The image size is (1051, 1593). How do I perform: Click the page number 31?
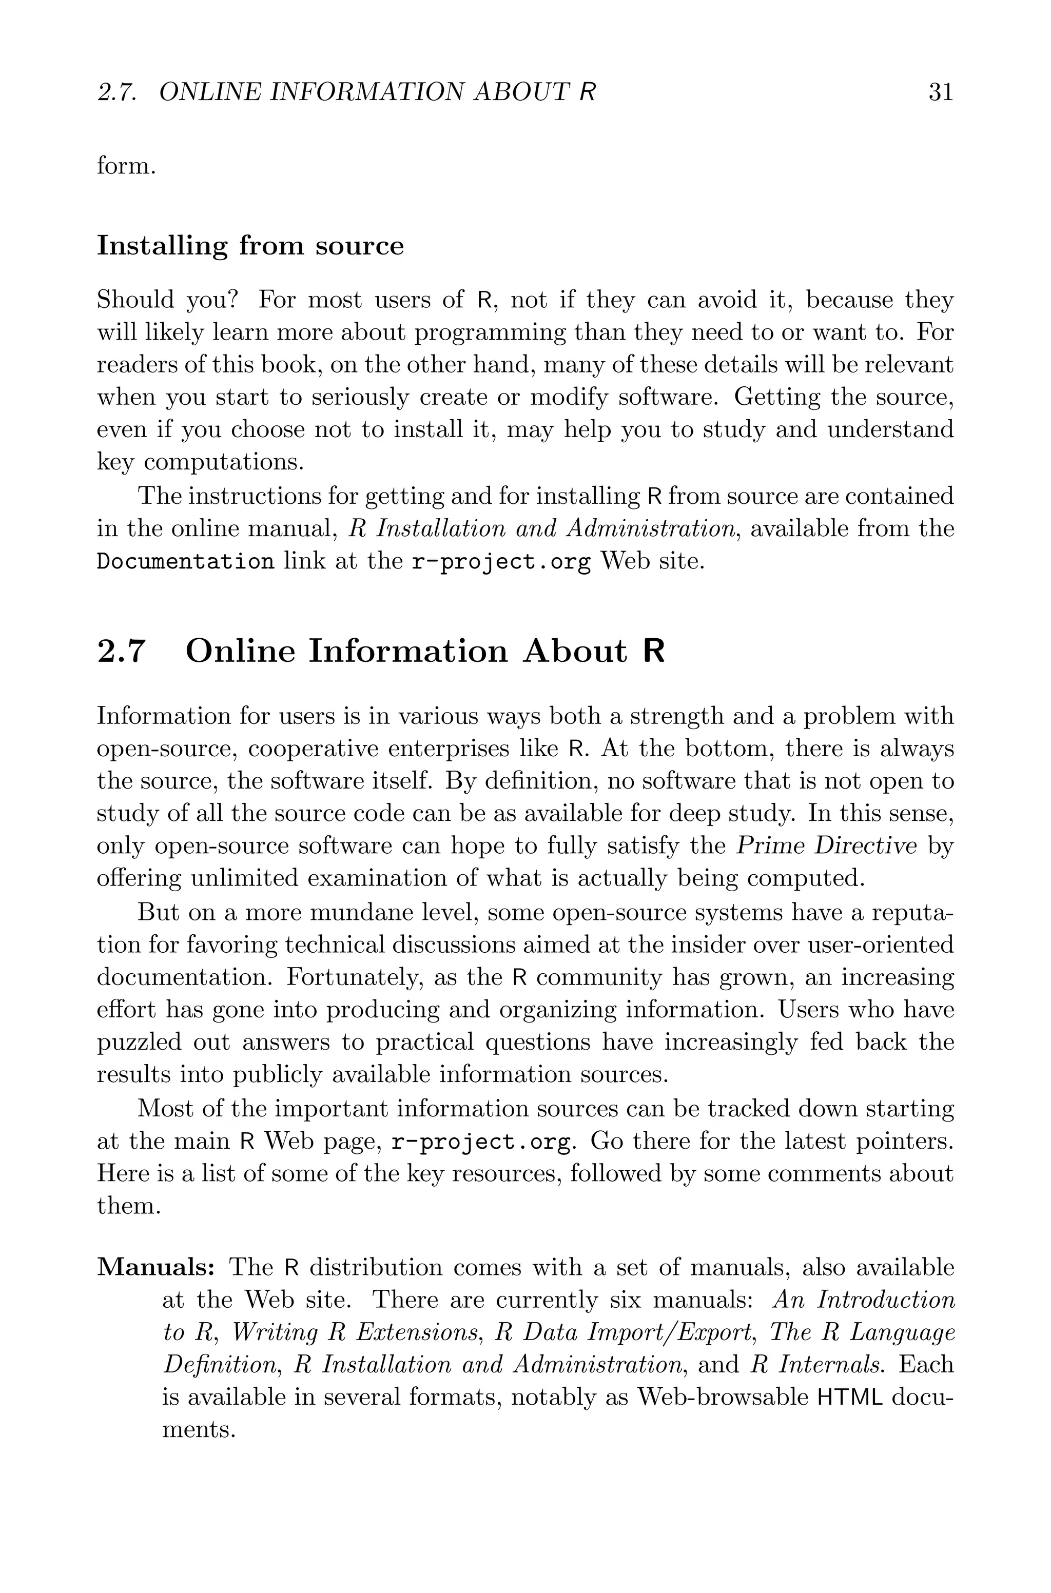(x=940, y=92)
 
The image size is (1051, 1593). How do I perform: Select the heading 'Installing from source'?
(x=250, y=246)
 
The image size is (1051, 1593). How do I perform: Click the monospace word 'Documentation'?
(x=185, y=561)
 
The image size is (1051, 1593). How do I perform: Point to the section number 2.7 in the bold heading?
(x=121, y=651)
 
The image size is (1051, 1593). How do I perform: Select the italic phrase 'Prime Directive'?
(x=826, y=846)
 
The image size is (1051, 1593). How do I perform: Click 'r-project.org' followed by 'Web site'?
(x=501, y=561)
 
